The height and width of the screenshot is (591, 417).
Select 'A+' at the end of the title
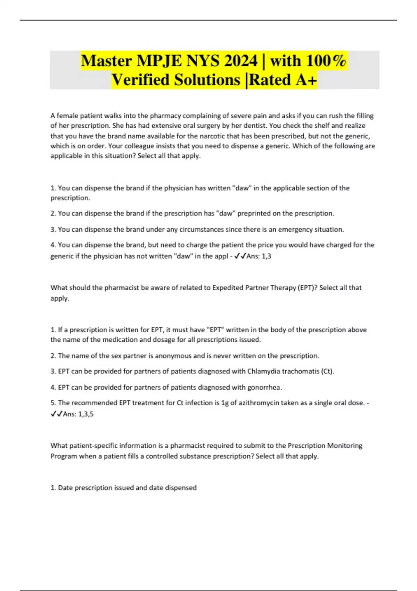coord(306,80)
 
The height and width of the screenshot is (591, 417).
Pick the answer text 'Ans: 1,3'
coord(259,256)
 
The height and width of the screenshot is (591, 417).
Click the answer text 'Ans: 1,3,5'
coord(78,414)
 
